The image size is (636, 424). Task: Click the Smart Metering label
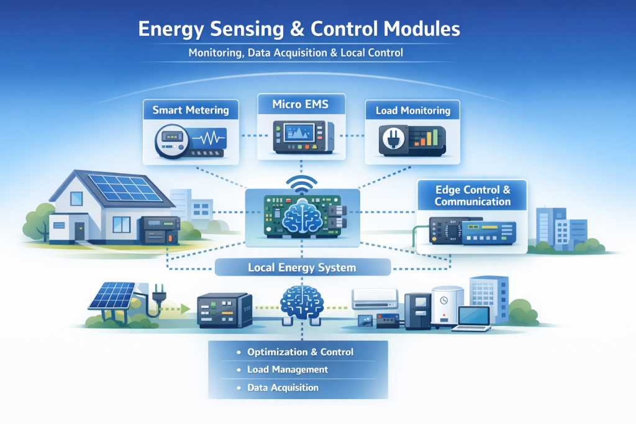coord(191,111)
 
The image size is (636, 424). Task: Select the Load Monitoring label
coord(412,111)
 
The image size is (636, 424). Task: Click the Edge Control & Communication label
coord(473,196)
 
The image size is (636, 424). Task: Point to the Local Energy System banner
coord(302,268)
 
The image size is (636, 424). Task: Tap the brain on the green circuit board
coord(302,217)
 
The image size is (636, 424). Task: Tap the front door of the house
coord(79,231)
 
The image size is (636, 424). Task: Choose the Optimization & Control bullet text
coord(300,352)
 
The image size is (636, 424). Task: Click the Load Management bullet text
coord(287,369)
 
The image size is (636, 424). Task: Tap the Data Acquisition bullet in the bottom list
coord(283,387)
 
